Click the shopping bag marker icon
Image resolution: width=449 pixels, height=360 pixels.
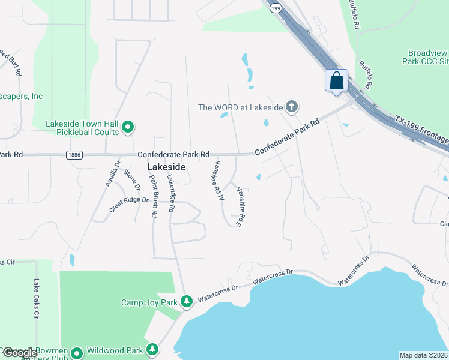click(336, 80)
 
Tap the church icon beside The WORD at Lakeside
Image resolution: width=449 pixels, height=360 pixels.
click(292, 107)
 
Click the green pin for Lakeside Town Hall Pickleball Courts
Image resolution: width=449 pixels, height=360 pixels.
click(127, 127)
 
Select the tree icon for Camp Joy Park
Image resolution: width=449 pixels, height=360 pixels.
click(187, 300)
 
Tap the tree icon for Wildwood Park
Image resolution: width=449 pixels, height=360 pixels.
click(152, 349)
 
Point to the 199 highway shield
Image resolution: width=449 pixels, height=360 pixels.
click(276, 8)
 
